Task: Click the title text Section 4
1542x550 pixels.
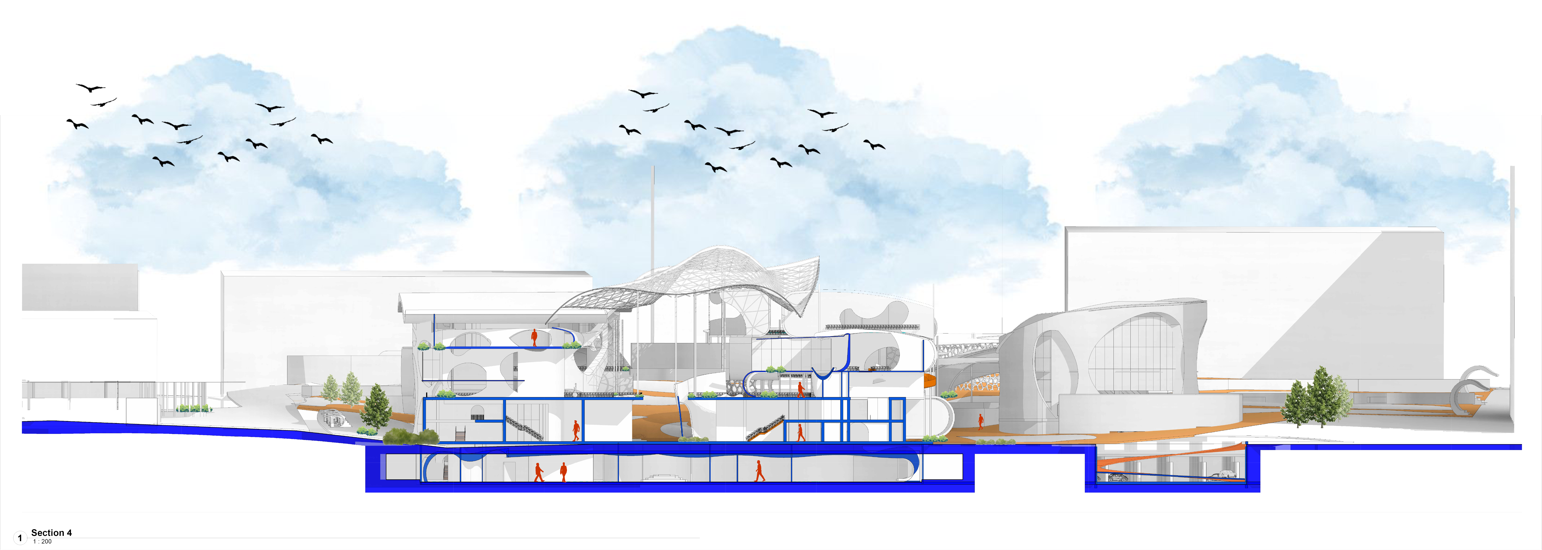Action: pos(52,533)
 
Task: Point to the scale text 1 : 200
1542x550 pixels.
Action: pos(43,542)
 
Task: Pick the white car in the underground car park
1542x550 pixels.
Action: pos(1221,475)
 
